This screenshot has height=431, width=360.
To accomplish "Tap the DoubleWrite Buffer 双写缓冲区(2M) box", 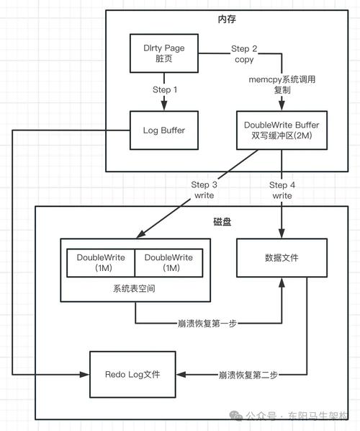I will (x=282, y=130).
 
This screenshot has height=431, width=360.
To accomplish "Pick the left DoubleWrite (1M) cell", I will (x=101, y=262).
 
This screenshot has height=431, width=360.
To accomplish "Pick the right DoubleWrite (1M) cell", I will (x=168, y=262).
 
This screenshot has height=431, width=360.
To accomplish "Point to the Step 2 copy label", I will (x=243, y=54).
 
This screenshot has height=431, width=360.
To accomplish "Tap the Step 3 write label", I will (x=204, y=190).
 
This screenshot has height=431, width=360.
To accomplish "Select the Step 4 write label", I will (x=282, y=190).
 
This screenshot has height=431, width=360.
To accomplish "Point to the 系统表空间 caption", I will (x=135, y=288).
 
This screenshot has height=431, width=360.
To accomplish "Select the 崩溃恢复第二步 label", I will (x=248, y=375).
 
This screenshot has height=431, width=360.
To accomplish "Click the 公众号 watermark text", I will (x=261, y=416).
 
